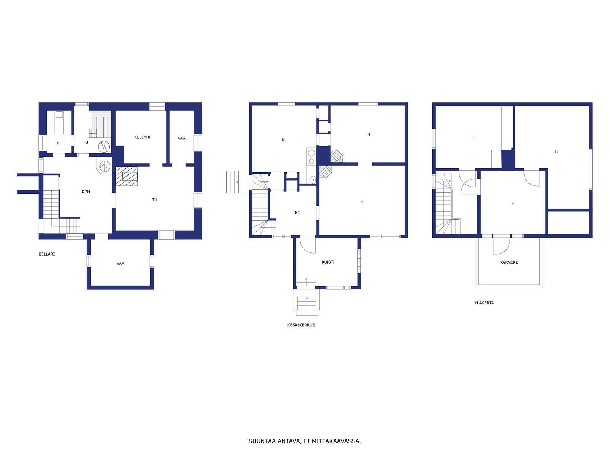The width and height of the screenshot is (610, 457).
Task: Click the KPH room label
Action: tap(86, 192)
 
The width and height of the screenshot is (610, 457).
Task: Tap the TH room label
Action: tap(154, 200)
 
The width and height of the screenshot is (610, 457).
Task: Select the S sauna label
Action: tap(87, 142)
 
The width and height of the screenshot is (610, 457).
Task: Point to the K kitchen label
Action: tap(283, 139)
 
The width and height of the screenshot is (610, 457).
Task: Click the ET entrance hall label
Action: tap(297, 213)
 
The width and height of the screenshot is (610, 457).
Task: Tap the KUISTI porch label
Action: tap(327, 262)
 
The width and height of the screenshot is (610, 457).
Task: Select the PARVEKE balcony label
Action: tap(509, 262)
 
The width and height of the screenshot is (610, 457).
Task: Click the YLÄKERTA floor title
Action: tap(484, 303)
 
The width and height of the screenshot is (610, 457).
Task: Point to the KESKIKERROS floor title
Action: tap(301, 325)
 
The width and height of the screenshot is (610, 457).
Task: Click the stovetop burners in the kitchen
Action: tap(311, 157)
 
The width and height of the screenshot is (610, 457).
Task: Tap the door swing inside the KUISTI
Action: tap(308, 245)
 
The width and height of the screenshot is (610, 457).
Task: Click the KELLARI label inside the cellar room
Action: tap(142, 137)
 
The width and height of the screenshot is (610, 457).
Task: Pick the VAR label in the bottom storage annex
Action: tap(120, 264)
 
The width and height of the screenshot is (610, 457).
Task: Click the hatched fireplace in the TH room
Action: tap(127, 176)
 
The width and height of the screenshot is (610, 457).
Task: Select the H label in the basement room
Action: tap(58, 143)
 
